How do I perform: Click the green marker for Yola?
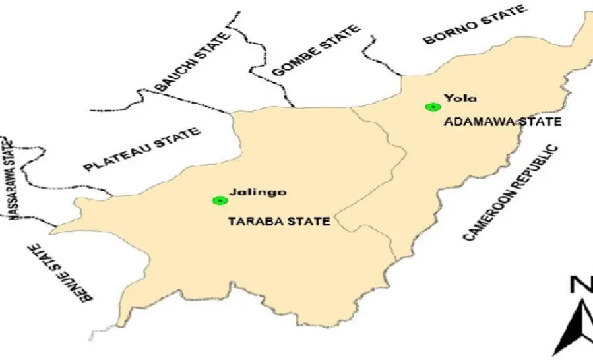(432, 107)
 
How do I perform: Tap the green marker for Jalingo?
(219, 200)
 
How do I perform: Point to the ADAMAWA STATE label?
(502, 122)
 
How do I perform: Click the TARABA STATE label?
(278, 222)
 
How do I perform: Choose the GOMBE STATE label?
(316, 51)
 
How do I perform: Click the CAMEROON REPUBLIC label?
(511, 193)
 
